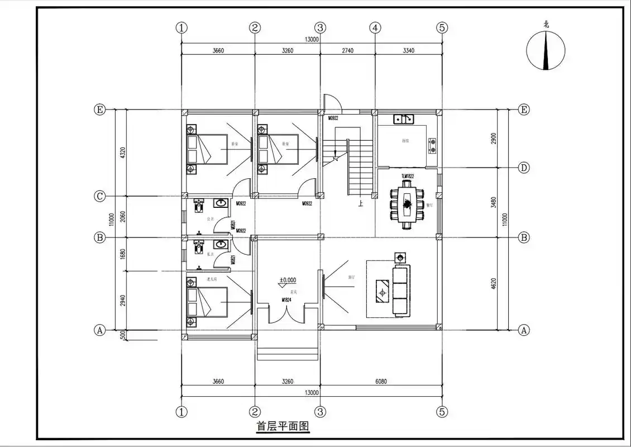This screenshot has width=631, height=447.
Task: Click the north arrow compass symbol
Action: coord(546,50)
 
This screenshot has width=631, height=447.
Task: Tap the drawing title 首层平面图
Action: coord(283,426)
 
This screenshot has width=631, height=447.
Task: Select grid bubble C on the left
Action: coord(99,196)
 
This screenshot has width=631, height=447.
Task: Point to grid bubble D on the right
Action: coord(524,168)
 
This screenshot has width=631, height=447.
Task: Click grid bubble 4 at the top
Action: coord(375,27)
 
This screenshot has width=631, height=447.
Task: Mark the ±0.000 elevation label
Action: coord(288,280)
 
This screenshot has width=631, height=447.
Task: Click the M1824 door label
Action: coord(286,300)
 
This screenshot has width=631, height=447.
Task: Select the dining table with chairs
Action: coord(407,203)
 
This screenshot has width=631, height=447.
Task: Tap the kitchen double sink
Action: coord(403,118)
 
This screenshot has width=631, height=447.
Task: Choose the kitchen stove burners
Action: coord(432,146)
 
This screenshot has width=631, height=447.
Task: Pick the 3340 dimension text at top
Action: coord(408,51)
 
